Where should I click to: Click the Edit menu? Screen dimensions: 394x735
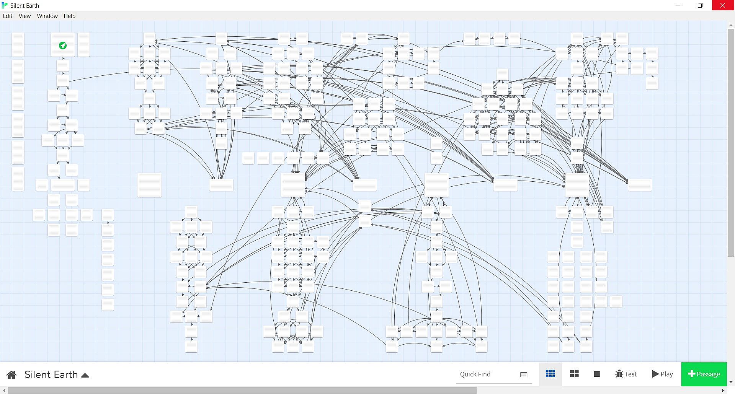tap(8, 16)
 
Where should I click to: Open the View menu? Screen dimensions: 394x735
tap(24, 16)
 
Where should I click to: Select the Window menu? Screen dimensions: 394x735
tap(47, 16)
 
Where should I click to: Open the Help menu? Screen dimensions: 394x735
tap(69, 16)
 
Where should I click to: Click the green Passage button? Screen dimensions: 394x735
tap(704, 374)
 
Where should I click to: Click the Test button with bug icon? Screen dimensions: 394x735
tap(626, 374)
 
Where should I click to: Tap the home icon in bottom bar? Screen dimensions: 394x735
tap(11, 375)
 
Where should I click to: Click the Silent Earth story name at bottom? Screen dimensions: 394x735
tap(51, 374)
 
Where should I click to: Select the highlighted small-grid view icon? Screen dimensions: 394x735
tap(550, 374)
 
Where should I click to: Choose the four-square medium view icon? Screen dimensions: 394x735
tap(574, 374)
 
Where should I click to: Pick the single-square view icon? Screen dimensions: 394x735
tap(596, 374)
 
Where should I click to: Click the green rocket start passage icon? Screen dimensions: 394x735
tap(63, 46)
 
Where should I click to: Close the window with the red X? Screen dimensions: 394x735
tap(723, 5)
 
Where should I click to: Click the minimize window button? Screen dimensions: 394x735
tap(678, 5)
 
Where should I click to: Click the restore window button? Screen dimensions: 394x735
tap(700, 5)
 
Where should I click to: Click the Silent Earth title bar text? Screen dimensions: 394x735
tap(24, 5)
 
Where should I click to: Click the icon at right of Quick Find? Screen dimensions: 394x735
tap(524, 374)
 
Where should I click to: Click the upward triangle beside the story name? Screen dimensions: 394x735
tap(85, 375)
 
